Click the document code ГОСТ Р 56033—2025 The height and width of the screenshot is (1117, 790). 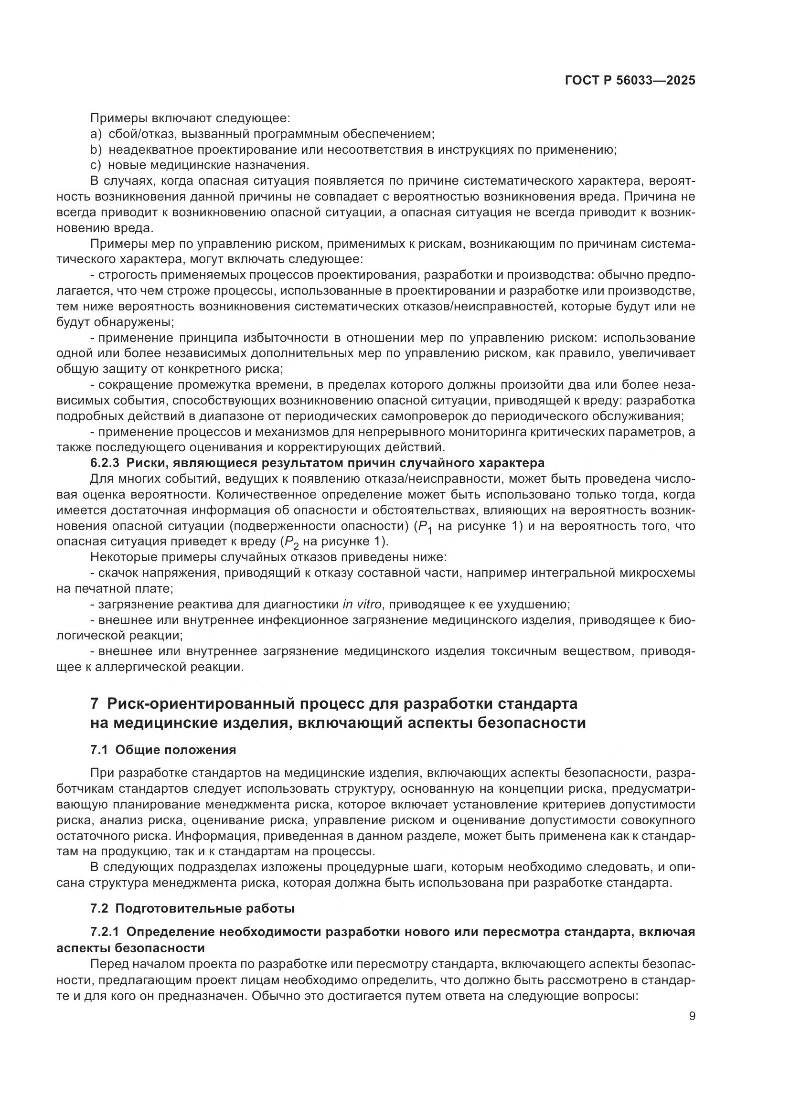click(630, 80)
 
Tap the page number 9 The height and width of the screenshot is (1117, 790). click(692, 1016)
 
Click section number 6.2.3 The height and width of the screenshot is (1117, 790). click(105, 462)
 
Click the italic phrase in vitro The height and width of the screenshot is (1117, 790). click(362, 604)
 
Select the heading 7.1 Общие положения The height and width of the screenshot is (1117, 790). click(163, 750)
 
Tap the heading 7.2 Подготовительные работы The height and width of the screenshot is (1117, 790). click(192, 908)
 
